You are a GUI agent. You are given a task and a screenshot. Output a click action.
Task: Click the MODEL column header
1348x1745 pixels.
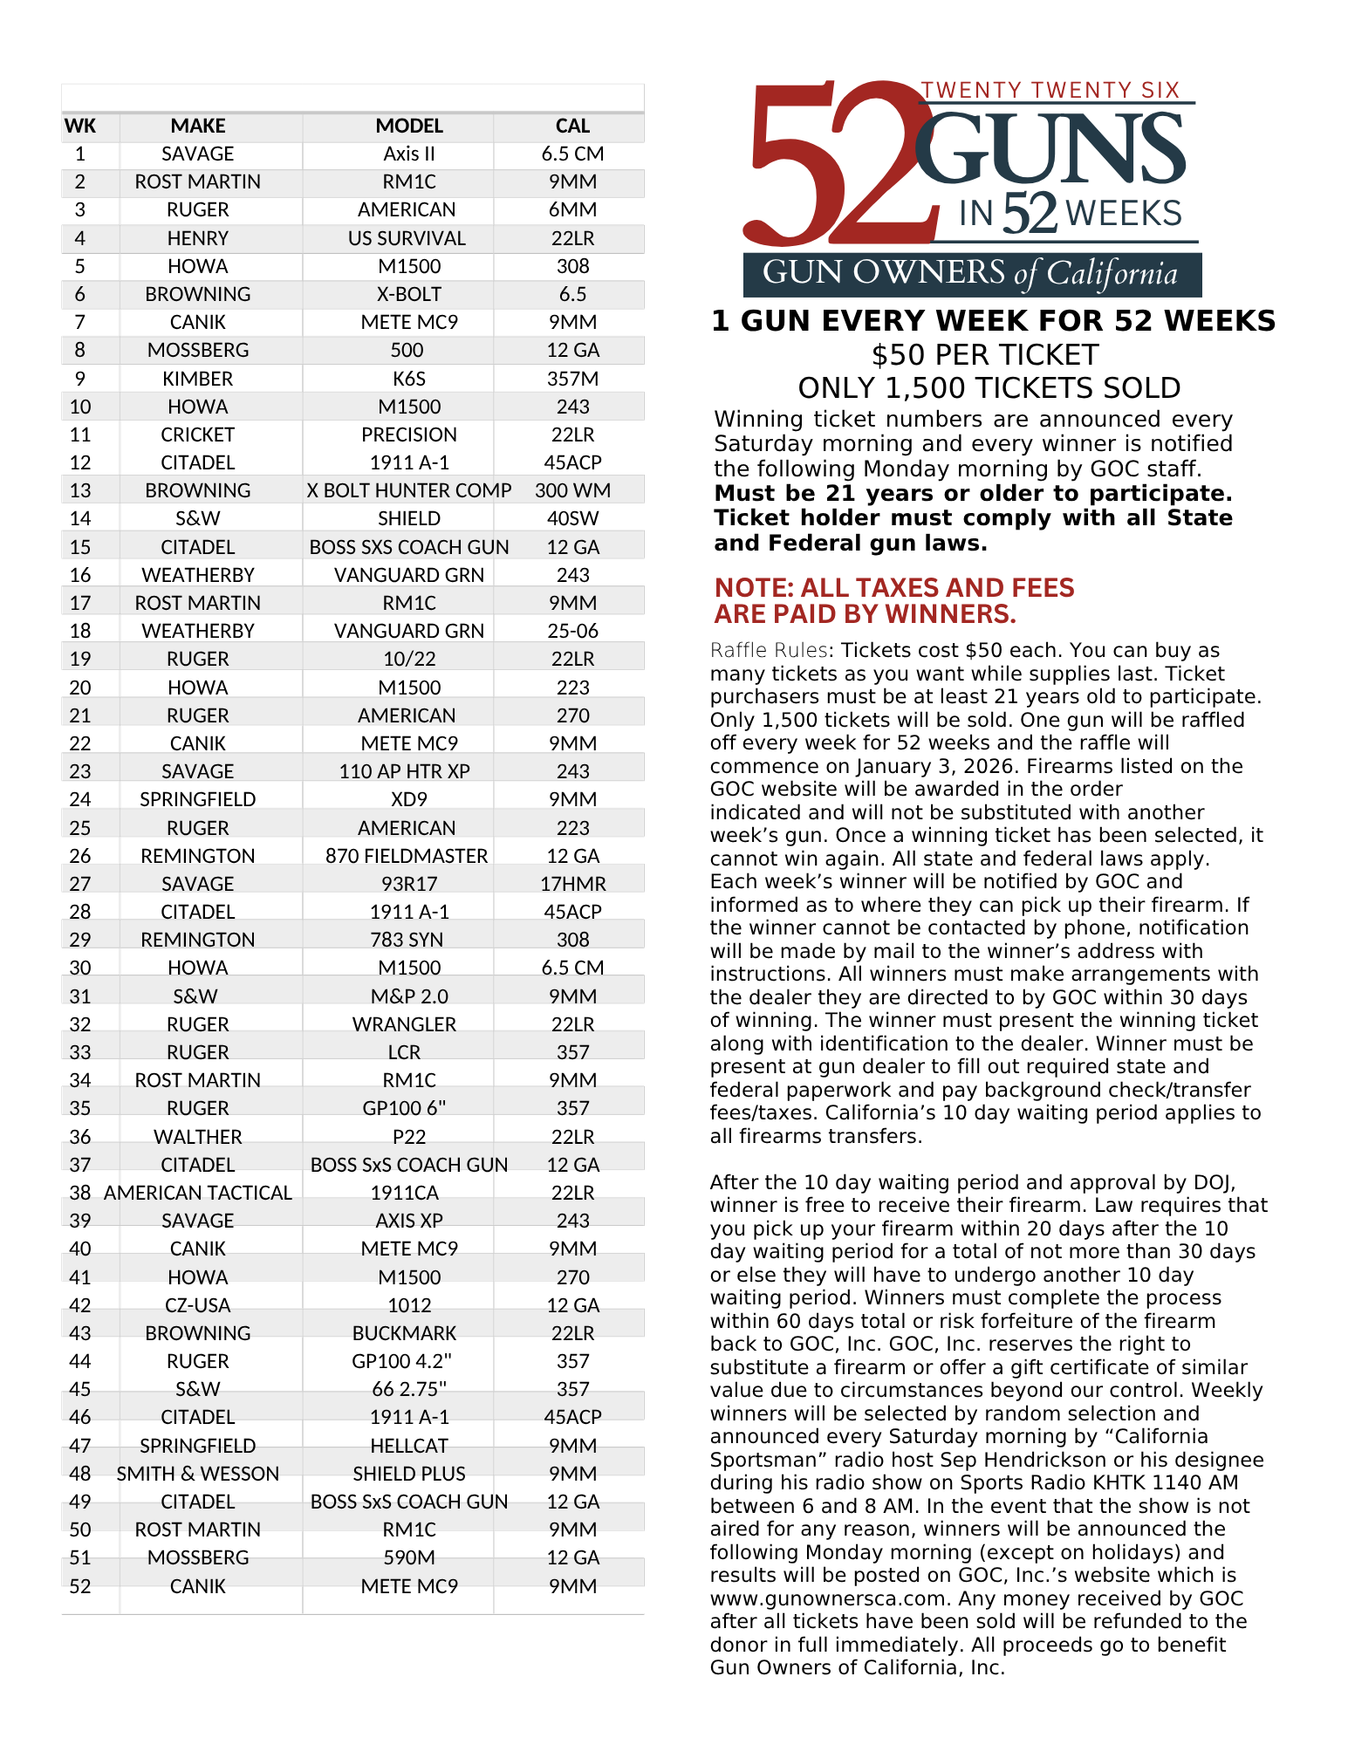pos(409,126)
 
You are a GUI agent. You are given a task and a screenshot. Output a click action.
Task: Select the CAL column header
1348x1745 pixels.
pos(572,126)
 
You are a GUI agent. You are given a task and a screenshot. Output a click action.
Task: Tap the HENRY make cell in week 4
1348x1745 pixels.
pos(198,238)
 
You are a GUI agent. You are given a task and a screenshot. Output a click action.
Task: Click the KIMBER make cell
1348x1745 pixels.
pos(198,379)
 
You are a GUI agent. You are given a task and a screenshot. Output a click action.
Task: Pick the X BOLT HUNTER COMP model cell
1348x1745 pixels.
pos(409,490)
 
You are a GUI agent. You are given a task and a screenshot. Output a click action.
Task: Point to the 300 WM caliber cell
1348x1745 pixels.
pos(572,490)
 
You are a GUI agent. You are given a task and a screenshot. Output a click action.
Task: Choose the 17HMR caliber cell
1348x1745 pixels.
pos(572,884)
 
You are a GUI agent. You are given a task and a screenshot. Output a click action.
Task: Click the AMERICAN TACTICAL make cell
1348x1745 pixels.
pos(198,1193)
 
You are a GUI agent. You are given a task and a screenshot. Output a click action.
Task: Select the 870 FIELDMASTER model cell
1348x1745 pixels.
pos(407,856)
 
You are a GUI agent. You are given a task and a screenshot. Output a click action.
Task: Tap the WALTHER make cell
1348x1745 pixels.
pos(198,1137)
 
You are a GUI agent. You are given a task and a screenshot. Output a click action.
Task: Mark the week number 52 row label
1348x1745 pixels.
pos(80,1586)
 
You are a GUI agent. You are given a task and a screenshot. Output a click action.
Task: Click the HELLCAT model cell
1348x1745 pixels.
pos(409,1446)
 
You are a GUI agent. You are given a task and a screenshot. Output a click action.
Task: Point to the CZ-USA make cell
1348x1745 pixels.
pos(198,1305)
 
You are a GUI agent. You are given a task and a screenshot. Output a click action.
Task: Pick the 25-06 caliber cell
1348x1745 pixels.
pos(572,631)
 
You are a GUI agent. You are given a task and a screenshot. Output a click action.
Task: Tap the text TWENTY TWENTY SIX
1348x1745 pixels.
pos(1050,90)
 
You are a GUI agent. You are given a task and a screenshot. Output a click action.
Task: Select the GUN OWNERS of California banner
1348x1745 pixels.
pos(971,274)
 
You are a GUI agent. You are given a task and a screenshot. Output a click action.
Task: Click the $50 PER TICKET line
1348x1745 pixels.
pos(985,355)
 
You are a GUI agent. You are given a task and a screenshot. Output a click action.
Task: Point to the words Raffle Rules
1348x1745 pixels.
pos(769,651)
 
